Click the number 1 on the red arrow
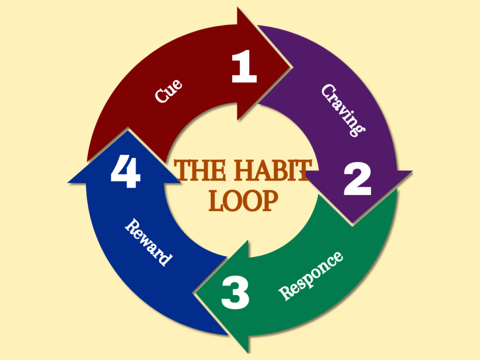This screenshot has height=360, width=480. coord(244,67)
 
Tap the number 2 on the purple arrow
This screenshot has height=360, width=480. coord(357,179)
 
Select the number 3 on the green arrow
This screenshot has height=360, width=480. coord(235,292)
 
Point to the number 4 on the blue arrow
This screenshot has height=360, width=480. coord(126,171)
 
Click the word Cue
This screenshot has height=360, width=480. coord(168,91)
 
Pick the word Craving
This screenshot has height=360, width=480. coord(343,110)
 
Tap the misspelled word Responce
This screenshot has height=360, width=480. coord(310,276)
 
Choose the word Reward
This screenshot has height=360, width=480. coord(149,242)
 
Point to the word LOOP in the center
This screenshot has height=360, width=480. coord(243,201)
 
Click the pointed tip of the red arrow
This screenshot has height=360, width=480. coord(291,66)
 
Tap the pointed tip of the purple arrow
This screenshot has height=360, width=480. coord(352,224)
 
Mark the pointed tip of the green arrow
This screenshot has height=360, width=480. coord(195,293)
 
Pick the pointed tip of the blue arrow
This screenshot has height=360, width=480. coord(127,130)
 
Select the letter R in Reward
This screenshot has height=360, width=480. coord(132,226)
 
